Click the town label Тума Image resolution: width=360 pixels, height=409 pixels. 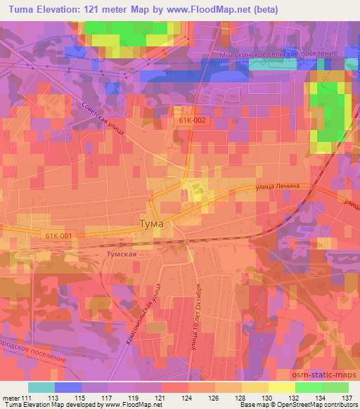[x=150, y=223]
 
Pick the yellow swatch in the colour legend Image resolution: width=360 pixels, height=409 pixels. [x=282, y=387]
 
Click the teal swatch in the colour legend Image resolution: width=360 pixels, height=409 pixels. [x=41, y=387]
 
